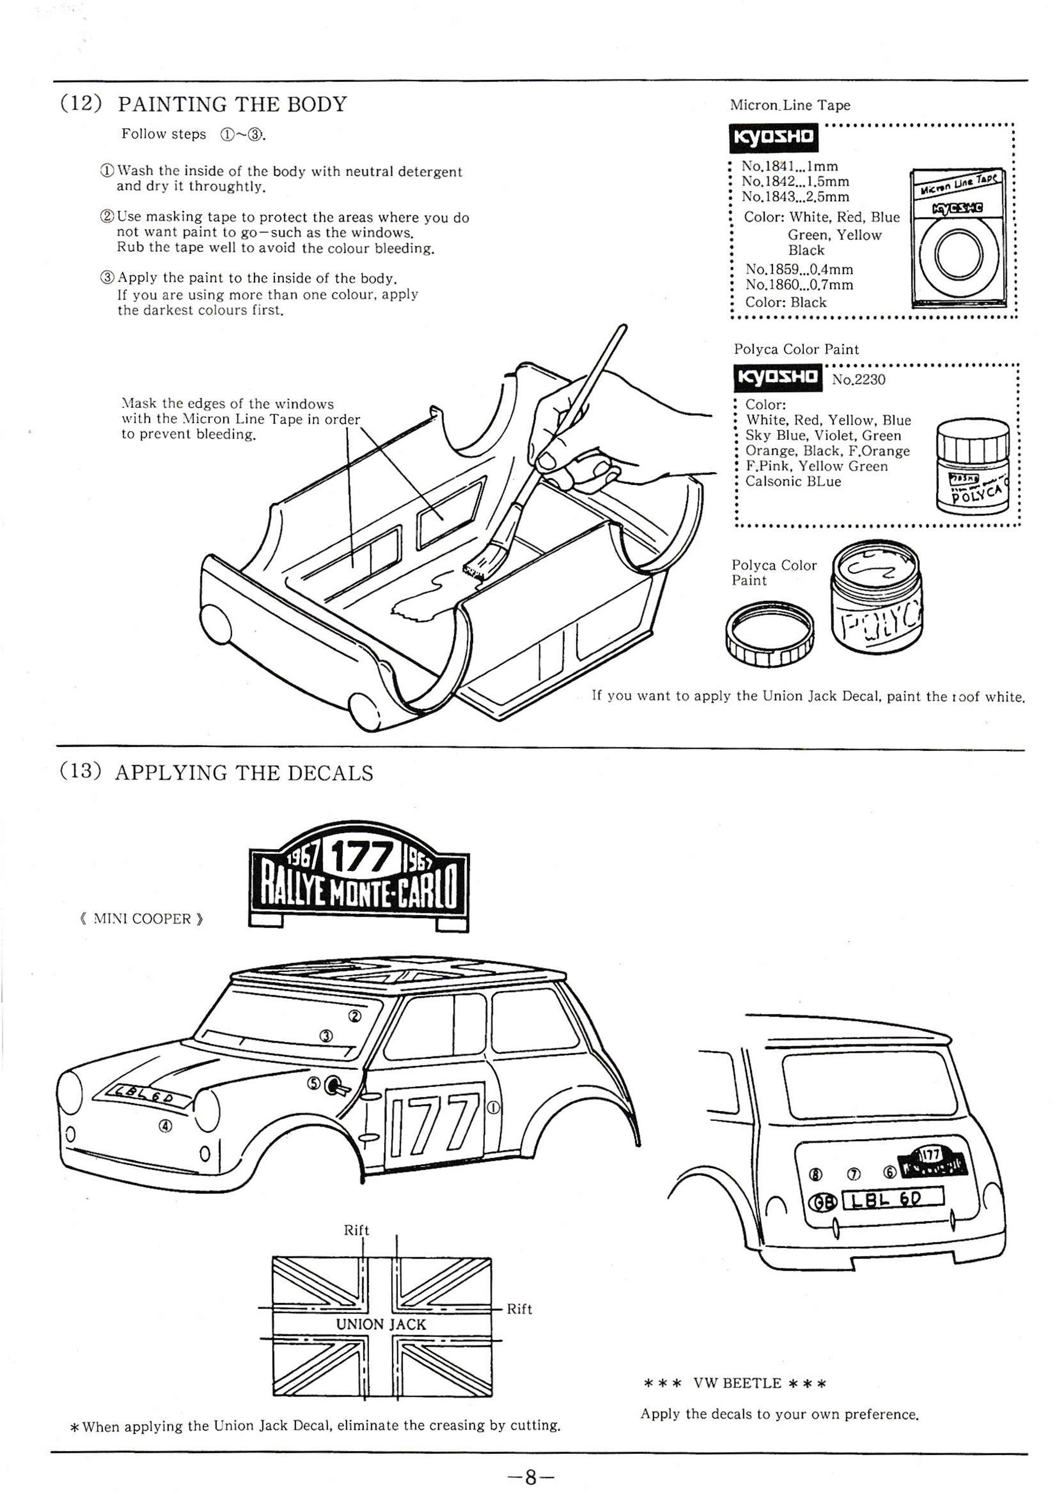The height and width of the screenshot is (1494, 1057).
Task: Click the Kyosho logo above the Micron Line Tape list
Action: click(x=774, y=137)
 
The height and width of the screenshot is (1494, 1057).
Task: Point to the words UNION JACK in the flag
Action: click(x=381, y=1324)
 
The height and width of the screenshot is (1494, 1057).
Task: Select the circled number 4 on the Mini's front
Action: click(x=166, y=1126)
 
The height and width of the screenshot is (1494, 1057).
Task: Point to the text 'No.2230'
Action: click(x=858, y=379)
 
